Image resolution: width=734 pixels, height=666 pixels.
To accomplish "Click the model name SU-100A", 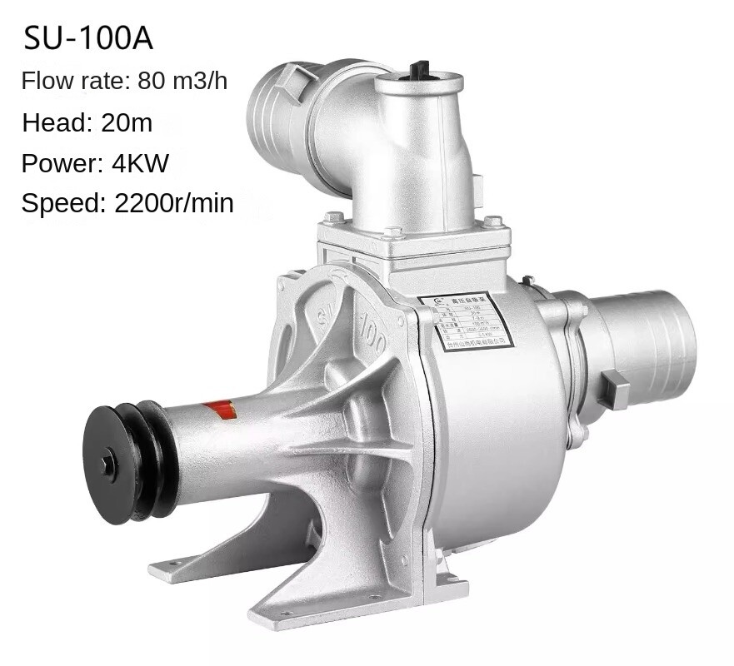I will tap(87, 38).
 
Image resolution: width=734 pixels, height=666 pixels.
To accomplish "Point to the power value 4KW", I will tap(141, 163).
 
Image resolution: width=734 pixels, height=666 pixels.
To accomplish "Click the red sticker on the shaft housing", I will tap(220, 410).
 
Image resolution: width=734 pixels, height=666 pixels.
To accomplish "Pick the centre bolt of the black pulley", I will tap(109, 464).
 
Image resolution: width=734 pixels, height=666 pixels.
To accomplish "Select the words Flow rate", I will tap(73, 82).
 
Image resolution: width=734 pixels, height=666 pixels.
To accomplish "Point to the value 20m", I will tap(127, 122).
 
